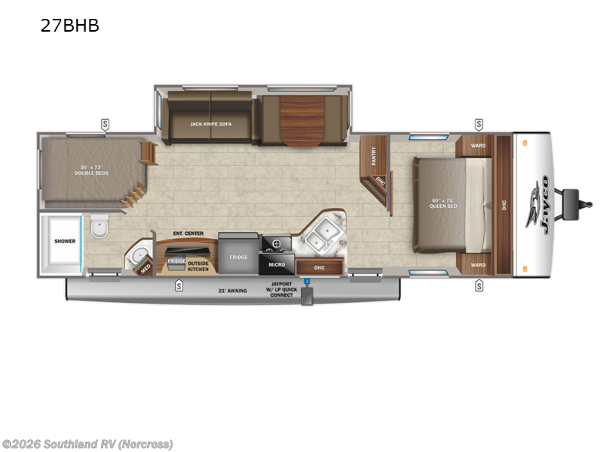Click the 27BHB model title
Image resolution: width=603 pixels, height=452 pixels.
(x=70, y=26)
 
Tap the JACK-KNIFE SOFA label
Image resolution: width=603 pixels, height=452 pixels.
(x=210, y=123)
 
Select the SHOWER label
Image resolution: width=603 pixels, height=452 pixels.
(x=64, y=242)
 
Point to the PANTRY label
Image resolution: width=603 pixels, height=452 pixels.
(x=374, y=155)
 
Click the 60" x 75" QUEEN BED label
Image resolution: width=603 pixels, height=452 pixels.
(x=443, y=204)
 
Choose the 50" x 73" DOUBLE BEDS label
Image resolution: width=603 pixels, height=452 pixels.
(x=95, y=170)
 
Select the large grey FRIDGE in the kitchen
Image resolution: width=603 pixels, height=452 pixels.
(x=238, y=257)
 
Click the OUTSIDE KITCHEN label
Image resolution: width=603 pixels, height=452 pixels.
(x=198, y=265)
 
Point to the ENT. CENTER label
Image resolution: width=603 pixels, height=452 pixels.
(x=188, y=234)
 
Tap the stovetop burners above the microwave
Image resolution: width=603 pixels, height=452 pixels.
(x=276, y=244)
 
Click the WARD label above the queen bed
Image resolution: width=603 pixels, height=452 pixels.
(x=478, y=145)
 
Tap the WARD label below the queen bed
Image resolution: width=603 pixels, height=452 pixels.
(x=478, y=264)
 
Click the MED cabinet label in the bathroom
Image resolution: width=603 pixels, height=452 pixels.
(x=144, y=266)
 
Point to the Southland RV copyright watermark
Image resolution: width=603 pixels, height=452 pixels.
(x=87, y=444)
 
